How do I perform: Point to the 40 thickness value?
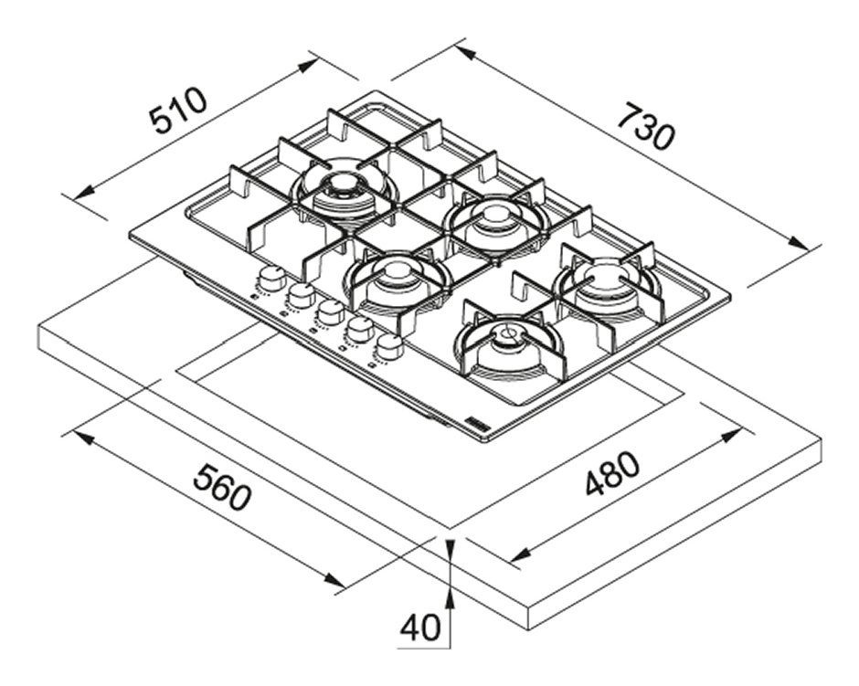[x=420, y=628]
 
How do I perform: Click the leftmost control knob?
[x=270, y=277]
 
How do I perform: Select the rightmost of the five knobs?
[x=390, y=346]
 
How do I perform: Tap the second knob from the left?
[x=300, y=294]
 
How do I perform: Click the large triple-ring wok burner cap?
[x=344, y=186]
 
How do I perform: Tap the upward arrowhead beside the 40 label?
[x=450, y=596]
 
